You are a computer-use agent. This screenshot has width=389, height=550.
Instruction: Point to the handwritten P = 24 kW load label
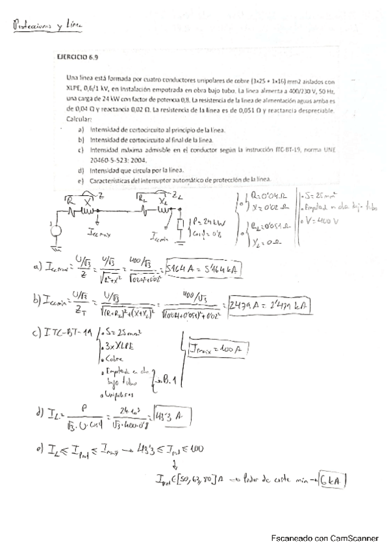(x=205, y=224)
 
